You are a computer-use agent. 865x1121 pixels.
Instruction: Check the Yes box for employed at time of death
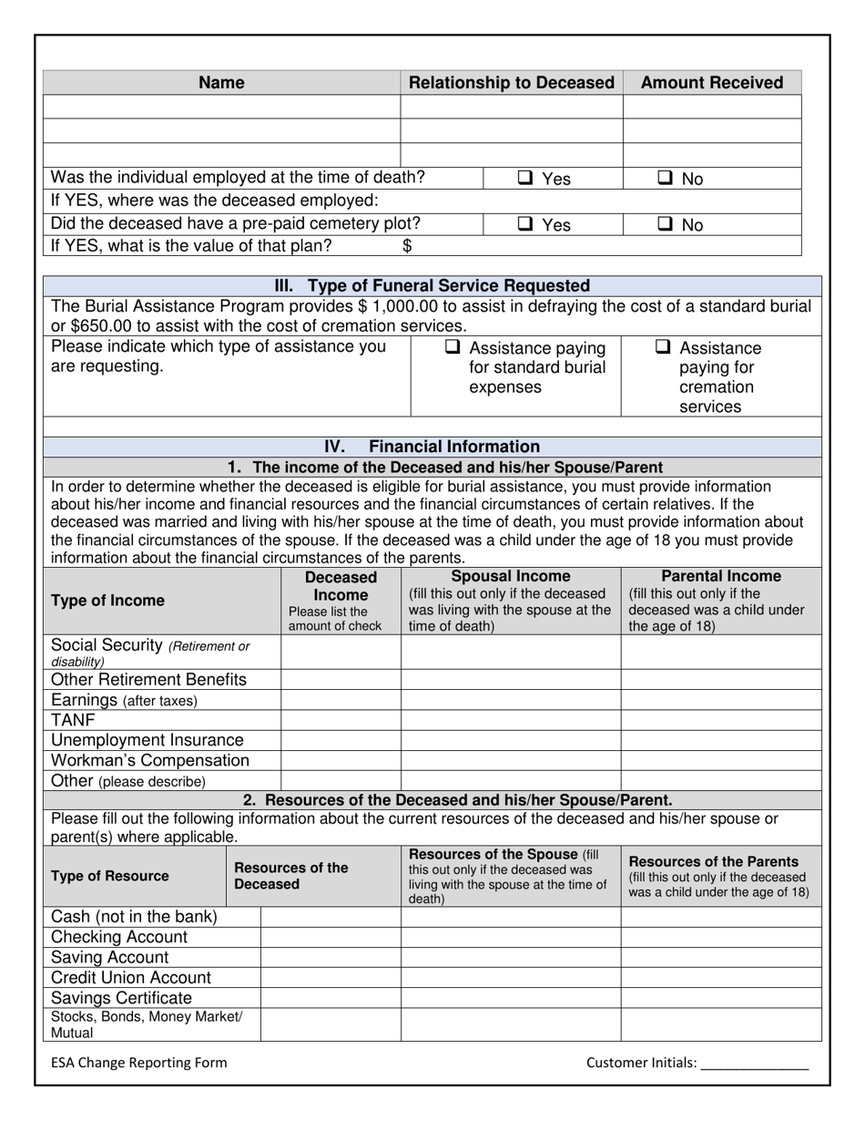(x=526, y=179)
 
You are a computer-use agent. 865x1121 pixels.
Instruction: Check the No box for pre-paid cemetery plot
(x=665, y=224)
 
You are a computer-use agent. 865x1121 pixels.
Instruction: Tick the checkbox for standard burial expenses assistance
(x=453, y=347)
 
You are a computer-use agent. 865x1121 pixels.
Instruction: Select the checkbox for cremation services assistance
(x=664, y=347)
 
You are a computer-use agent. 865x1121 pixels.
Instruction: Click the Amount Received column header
(x=711, y=83)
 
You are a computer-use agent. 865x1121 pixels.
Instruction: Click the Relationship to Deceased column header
(x=512, y=83)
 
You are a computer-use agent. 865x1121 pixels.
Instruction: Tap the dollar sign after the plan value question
(x=407, y=245)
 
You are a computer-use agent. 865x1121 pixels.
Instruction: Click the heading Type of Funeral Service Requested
(x=432, y=285)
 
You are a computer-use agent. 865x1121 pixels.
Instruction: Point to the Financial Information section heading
(x=432, y=447)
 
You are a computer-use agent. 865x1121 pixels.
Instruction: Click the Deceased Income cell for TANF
(x=341, y=720)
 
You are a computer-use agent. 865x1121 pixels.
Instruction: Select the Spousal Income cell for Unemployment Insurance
(x=511, y=740)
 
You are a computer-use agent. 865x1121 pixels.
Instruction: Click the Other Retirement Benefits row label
(x=148, y=680)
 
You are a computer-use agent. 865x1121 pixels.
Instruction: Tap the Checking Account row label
(x=119, y=937)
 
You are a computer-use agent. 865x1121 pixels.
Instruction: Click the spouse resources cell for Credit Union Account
(x=511, y=977)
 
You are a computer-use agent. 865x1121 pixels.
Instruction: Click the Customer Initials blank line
(x=755, y=1063)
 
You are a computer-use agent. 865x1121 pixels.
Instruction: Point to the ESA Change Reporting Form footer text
(x=138, y=1062)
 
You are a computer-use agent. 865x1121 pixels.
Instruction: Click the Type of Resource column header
(x=110, y=876)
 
